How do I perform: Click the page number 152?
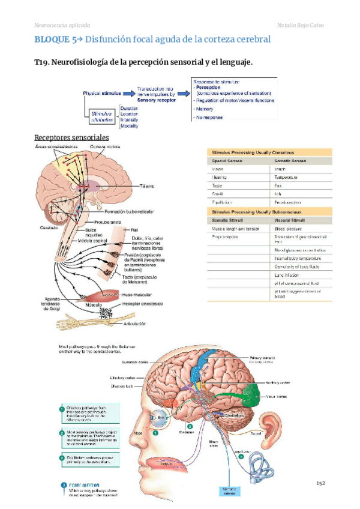click(x=320, y=483)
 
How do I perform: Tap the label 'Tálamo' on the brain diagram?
click(x=148, y=186)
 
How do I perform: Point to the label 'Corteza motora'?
click(x=105, y=147)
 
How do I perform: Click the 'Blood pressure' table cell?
click(x=289, y=229)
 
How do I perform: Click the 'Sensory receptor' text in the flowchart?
click(x=155, y=100)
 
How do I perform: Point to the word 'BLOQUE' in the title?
click(x=52, y=40)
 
